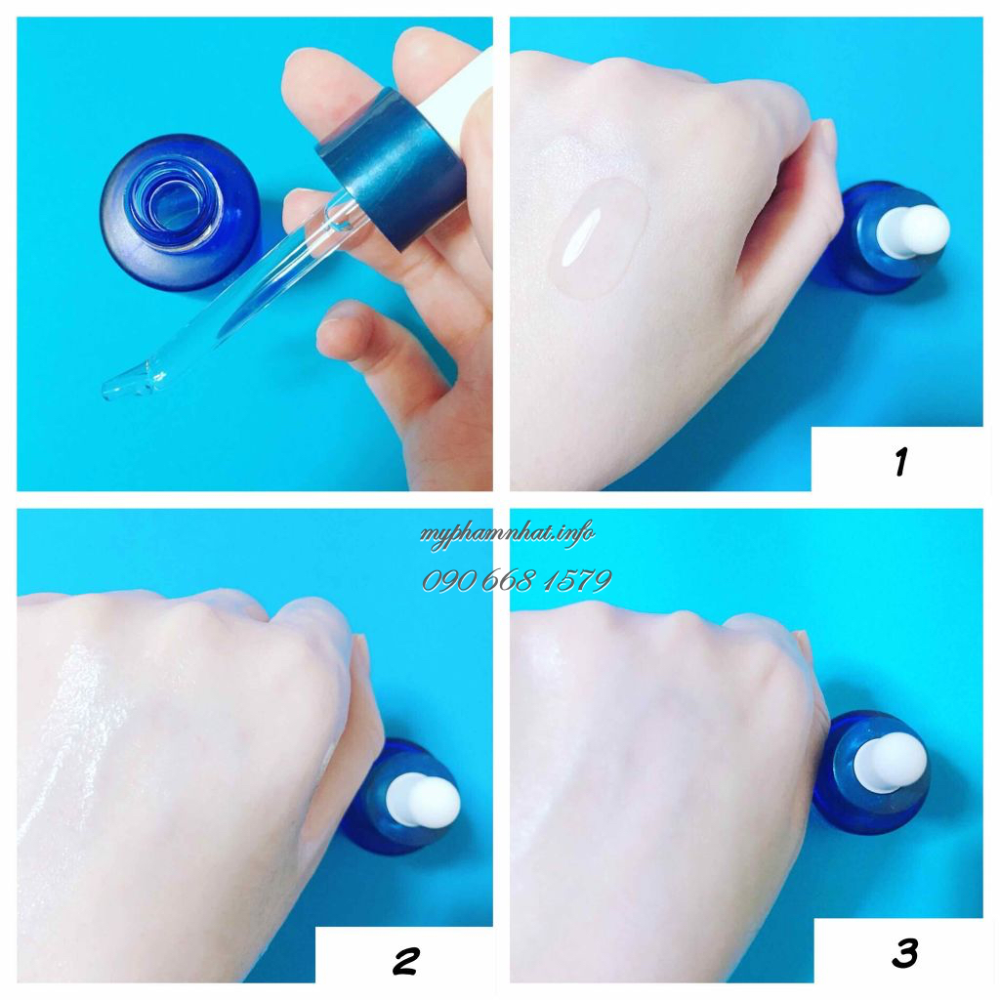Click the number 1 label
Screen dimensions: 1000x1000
900,461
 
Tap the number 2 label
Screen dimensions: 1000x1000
406,961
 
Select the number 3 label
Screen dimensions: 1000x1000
905,953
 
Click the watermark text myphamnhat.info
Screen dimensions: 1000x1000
507,534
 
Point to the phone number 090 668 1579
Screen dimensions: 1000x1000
517,580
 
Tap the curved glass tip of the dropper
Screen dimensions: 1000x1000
128,383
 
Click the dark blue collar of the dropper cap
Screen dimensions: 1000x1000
391,168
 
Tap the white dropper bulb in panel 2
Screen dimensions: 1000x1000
422,801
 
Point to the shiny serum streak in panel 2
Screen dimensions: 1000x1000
70,733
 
